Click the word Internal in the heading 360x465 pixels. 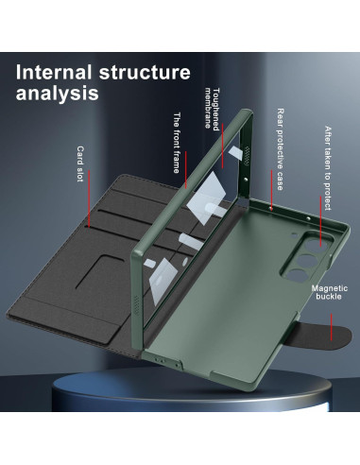click(x=54, y=72)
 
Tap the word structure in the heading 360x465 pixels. click(x=145, y=72)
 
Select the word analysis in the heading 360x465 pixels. click(x=57, y=93)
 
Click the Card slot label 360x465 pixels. click(x=80, y=164)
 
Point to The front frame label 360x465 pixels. click(x=177, y=143)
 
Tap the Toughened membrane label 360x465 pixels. click(x=212, y=109)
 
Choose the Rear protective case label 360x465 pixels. click(x=280, y=149)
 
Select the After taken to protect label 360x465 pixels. click(x=328, y=168)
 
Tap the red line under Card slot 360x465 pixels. click(x=89, y=198)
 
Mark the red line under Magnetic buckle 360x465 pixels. click(x=331, y=327)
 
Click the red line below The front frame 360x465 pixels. click(x=186, y=169)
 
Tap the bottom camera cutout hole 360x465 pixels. click(x=295, y=273)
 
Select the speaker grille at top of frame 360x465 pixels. click(x=247, y=156)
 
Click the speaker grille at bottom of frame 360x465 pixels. click(x=136, y=304)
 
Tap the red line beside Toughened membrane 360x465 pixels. click(x=223, y=146)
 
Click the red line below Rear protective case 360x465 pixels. click(x=271, y=190)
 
